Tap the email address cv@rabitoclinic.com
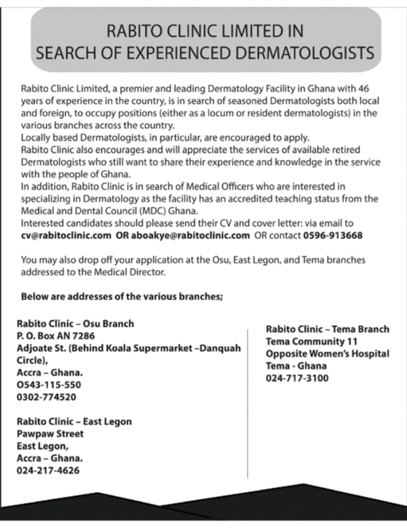click(x=66, y=235)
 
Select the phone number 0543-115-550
click(x=49, y=385)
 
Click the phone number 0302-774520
click(x=48, y=397)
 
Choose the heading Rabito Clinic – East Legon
click(x=74, y=422)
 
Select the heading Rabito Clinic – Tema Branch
click(x=327, y=329)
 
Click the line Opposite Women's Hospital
click(x=327, y=354)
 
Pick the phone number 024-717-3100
click(x=297, y=379)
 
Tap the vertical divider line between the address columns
click(x=247, y=402)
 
